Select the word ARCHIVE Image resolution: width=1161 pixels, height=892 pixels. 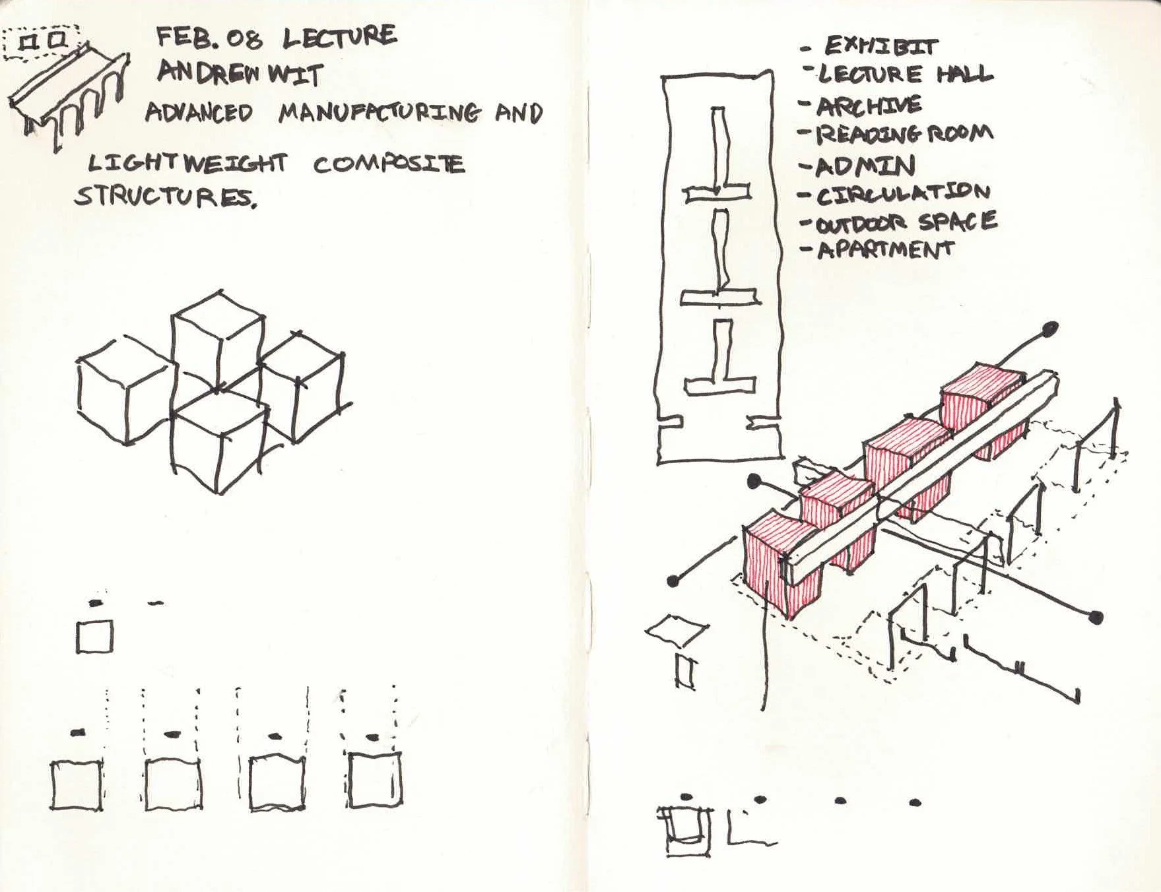click(869, 106)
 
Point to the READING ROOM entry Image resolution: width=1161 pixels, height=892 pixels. click(905, 134)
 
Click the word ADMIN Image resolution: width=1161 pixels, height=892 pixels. click(865, 165)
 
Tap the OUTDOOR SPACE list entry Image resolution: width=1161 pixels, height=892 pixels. click(906, 222)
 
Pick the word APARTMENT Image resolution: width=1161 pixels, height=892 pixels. click(885, 249)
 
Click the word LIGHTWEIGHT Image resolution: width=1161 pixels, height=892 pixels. click(188, 164)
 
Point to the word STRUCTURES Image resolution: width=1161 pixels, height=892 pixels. click(165, 195)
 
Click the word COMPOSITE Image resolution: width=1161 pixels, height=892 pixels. click(389, 164)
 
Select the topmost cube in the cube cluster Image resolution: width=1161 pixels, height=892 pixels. click(218, 340)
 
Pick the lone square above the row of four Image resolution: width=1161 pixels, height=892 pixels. click(94, 637)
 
